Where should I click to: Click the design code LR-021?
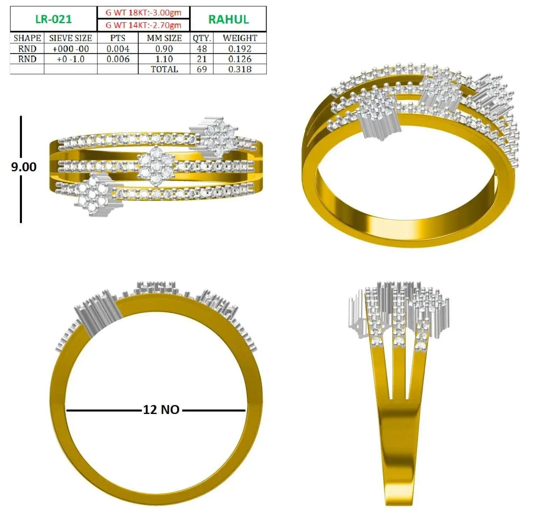coord(54,19)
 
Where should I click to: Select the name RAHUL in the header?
coord(228,19)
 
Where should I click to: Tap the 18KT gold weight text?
coord(143,13)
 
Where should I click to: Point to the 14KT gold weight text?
coord(143,25)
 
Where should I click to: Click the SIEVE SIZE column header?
coord(70,38)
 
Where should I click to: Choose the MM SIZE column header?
coord(164,38)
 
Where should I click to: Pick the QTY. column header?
coord(202,38)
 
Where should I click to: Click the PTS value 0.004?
coord(118,49)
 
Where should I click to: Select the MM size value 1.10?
coord(164,59)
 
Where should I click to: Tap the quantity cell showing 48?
coord(202,49)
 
